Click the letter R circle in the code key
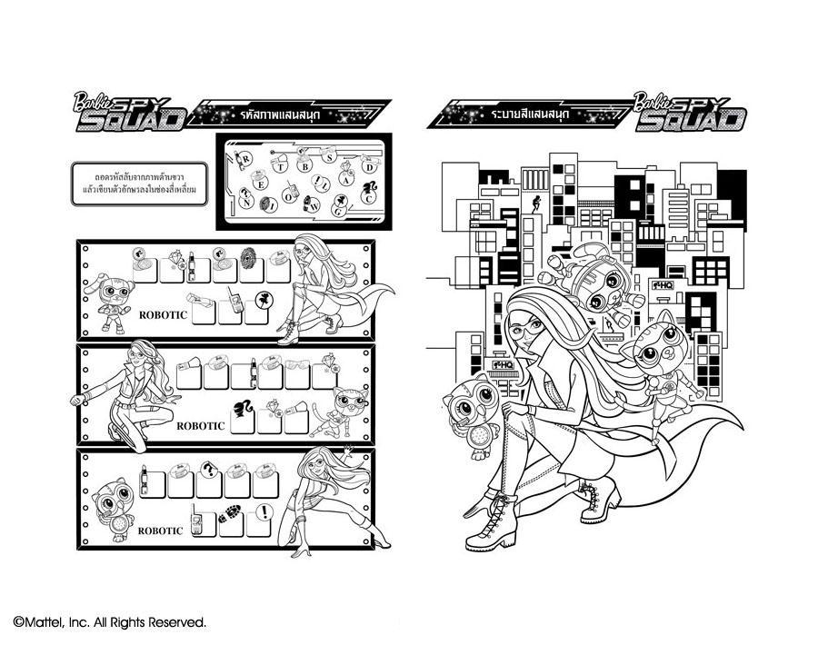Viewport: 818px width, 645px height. click(x=244, y=162)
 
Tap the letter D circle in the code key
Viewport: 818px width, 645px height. click(x=368, y=167)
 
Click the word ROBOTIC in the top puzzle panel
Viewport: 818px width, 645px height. click(x=164, y=314)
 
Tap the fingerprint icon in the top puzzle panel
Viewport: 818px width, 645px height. click(x=246, y=254)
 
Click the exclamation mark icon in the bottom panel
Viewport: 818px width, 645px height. click(x=264, y=511)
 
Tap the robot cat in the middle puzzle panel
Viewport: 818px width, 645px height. click(x=341, y=407)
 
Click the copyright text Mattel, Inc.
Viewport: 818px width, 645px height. click(x=109, y=622)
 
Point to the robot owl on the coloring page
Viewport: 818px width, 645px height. click(x=474, y=408)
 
